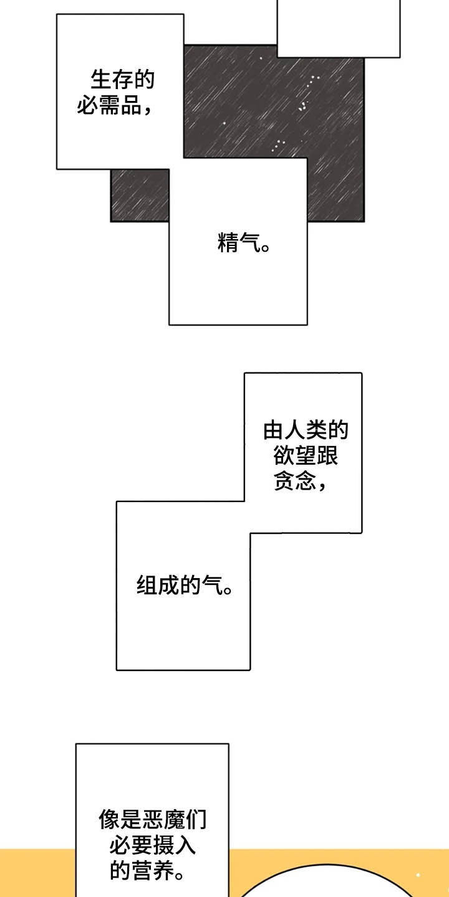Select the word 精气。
[x=244, y=243]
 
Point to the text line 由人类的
[x=306, y=431]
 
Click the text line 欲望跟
[x=306, y=456]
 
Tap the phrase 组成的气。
[x=185, y=586]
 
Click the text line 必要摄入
[x=153, y=845]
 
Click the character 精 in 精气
[x=228, y=243]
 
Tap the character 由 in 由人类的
[x=274, y=431]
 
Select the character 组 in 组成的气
[x=147, y=586]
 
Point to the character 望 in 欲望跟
[x=306, y=456]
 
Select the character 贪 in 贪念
[x=284, y=482]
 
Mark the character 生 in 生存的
[x=102, y=81]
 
